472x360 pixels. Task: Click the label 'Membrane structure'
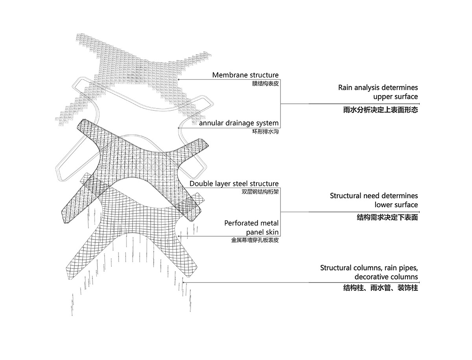pyautogui.click(x=245, y=75)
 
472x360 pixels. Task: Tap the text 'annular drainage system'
pyautogui.click(x=239, y=123)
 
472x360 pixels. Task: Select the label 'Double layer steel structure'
pyautogui.click(x=234, y=184)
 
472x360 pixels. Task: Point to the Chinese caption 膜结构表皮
pyautogui.click(x=265, y=84)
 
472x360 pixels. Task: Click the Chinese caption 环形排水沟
pyautogui.click(x=265, y=132)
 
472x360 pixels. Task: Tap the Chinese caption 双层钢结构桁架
pyautogui.click(x=260, y=192)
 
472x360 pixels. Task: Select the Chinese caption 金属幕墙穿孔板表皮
pyautogui.click(x=255, y=240)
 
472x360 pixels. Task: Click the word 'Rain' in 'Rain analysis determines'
pyautogui.click(x=345, y=88)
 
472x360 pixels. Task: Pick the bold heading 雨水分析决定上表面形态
pyautogui.click(x=380, y=110)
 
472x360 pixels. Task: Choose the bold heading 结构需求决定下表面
pyautogui.click(x=387, y=218)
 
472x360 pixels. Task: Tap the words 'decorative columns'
pyautogui.click(x=386, y=277)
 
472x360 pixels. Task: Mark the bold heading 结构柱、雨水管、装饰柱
pyautogui.click(x=380, y=288)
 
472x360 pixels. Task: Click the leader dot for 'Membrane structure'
pyautogui.click(x=179, y=79)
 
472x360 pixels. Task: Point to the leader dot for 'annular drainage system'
pyautogui.click(x=179, y=128)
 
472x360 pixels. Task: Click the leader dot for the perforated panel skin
pyautogui.click(x=179, y=236)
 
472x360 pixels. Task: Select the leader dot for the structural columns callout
pyautogui.click(x=183, y=283)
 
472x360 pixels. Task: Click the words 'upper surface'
pyautogui.click(x=395, y=97)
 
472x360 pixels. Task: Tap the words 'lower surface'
pyautogui.click(x=396, y=205)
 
